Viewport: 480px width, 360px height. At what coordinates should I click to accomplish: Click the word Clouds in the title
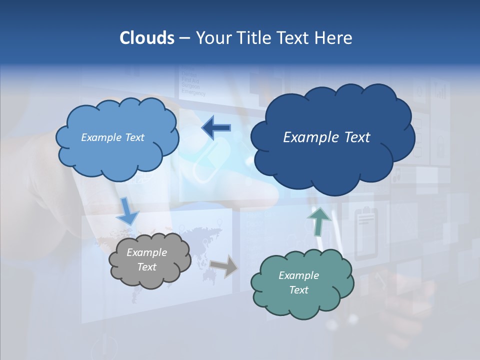(146, 38)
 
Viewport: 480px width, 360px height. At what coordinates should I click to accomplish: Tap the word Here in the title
(334, 38)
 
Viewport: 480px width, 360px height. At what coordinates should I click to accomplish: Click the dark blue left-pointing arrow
(216, 127)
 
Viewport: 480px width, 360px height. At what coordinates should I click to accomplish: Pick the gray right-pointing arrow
(223, 266)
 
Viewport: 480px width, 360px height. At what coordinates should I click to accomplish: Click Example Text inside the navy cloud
(326, 137)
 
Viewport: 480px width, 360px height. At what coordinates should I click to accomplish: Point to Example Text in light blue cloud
(112, 137)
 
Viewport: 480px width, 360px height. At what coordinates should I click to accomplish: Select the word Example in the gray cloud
(146, 252)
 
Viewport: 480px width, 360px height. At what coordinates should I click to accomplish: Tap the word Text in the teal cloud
(298, 290)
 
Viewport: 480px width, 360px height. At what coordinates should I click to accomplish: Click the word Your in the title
(210, 38)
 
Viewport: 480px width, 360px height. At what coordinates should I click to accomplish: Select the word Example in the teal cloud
(298, 275)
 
